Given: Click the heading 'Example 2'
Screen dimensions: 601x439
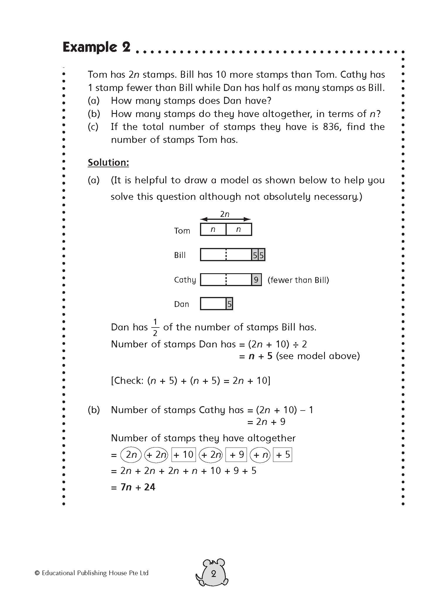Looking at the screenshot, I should pos(96,47).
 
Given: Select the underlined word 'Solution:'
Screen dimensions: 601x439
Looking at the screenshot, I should pos(108,163).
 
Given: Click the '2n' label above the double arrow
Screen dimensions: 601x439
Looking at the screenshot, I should pos(225,214).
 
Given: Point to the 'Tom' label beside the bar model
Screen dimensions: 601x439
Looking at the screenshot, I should pos(182,231).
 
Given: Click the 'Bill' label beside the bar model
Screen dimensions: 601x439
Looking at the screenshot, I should pos(180,255).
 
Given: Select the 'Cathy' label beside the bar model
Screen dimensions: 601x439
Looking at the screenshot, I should pos(185,280).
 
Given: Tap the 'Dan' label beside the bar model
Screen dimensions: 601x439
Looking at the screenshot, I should pos(182,304).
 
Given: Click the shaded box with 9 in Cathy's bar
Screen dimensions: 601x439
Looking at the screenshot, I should pos(256,280).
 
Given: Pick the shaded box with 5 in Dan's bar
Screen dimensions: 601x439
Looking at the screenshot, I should pos(229,304).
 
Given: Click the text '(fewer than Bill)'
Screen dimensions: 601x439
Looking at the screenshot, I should pos(298,280).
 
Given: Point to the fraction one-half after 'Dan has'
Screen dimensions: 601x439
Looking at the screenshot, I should pos(155,327).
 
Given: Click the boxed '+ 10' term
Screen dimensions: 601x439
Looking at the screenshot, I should pos(183,455).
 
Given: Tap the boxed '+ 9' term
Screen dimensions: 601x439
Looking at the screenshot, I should pos(237,455).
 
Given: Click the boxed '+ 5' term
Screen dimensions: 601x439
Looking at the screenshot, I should pos(283,455).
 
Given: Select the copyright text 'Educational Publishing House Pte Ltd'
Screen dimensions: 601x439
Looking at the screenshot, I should pos(95,573).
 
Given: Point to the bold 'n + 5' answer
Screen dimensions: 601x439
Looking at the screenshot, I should pos(260,356).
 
